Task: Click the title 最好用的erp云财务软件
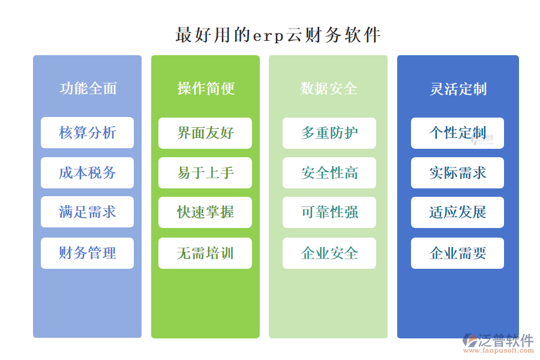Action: pyautogui.click(x=278, y=34)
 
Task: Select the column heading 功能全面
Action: pyautogui.click(x=88, y=89)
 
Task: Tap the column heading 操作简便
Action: pyautogui.click(x=206, y=89)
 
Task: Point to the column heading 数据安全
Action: pyautogui.click(x=329, y=89)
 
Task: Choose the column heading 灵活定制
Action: pyautogui.click(x=458, y=89)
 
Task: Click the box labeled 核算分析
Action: pyautogui.click(x=88, y=133)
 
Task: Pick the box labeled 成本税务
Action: pyautogui.click(x=88, y=173)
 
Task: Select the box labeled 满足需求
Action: pyautogui.click(x=88, y=212)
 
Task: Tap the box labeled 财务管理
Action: pyautogui.click(x=88, y=253)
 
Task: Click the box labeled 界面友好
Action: pyautogui.click(x=205, y=133)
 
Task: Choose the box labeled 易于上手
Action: pyautogui.click(x=205, y=173)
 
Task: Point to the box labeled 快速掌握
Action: pyautogui.click(x=205, y=212)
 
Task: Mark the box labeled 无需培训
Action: pyautogui.click(x=205, y=253)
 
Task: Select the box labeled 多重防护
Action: pyautogui.click(x=329, y=133)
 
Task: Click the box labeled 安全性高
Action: pyautogui.click(x=329, y=173)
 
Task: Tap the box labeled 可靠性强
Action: pyautogui.click(x=329, y=212)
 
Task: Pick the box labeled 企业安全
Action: pyautogui.click(x=329, y=253)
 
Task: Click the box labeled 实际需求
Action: pyautogui.click(x=457, y=173)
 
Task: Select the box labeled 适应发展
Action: pyautogui.click(x=457, y=212)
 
